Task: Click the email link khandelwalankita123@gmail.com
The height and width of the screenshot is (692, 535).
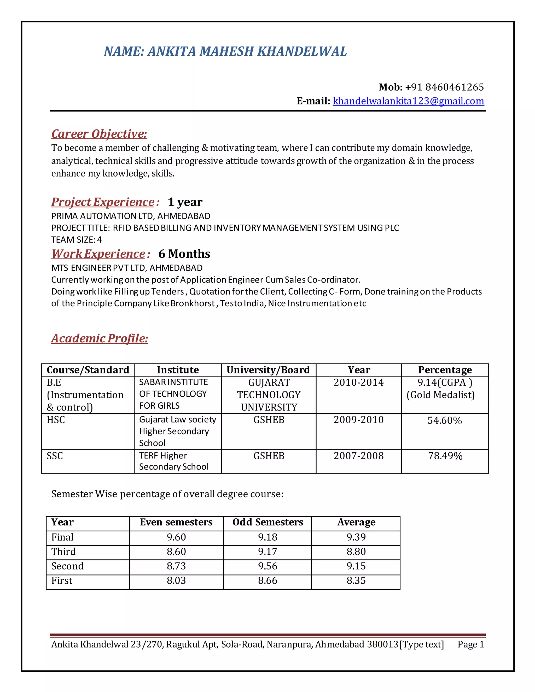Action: tap(408, 101)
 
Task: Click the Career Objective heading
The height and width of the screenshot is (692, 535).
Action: tap(99, 134)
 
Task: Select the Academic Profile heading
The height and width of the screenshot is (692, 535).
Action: tap(100, 338)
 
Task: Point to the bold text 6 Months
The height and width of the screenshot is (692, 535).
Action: tap(184, 254)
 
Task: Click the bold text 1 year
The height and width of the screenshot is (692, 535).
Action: tap(185, 202)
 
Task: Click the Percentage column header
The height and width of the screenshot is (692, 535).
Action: tap(445, 370)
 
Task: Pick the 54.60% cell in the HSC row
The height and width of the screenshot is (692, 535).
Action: tap(444, 420)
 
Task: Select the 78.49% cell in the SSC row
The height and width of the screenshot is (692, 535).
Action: tap(445, 456)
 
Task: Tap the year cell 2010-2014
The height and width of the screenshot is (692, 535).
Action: tap(358, 383)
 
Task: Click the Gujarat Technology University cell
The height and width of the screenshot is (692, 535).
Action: tap(269, 395)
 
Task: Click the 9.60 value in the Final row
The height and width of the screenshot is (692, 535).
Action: tap(177, 537)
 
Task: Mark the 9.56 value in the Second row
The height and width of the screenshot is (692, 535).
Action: tap(267, 566)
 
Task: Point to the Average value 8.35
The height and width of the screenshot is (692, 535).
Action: tap(356, 580)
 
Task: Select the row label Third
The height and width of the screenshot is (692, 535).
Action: tap(64, 552)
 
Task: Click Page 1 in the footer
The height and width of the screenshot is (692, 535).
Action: tap(471, 644)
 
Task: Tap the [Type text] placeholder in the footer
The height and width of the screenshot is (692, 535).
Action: tap(422, 644)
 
